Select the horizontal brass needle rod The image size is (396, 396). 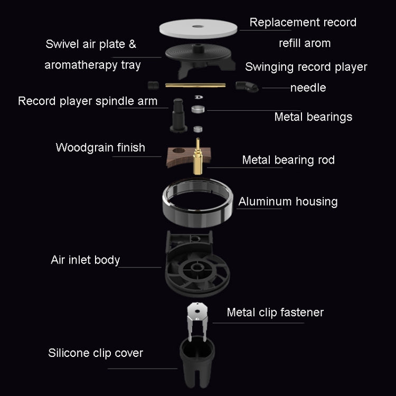pos(195,84)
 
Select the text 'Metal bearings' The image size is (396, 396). pos(313,117)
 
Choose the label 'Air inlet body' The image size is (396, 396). pos(85,260)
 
